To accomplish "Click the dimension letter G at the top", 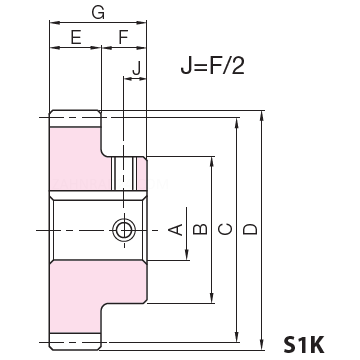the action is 98,13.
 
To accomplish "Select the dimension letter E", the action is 76,37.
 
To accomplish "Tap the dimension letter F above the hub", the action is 123,37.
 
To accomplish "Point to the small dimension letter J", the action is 136,69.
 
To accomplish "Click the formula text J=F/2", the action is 213,66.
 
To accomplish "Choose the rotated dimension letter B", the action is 200,229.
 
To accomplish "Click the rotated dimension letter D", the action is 250,229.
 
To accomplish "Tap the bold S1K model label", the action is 304,345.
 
